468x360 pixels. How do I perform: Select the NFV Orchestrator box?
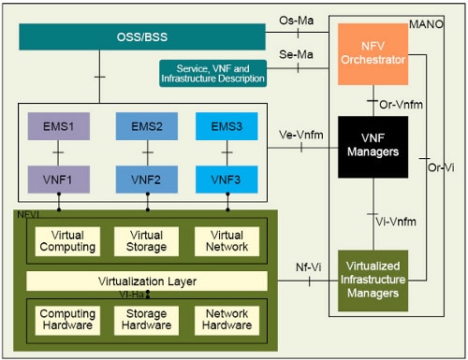point(373,54)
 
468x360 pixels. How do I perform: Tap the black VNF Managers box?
point(373,147)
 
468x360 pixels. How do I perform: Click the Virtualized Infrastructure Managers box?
point(373,280)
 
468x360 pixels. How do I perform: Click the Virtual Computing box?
point(73,241)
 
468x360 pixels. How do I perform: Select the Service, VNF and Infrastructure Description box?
point(212,73)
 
